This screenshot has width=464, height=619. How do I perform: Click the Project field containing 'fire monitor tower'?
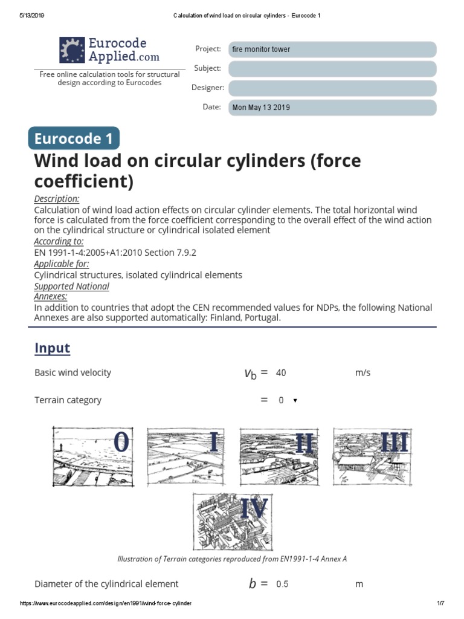(x=332, y=50)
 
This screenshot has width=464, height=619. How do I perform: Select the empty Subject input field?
(x=332, y=69)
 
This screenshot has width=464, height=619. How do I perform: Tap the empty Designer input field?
(x=332, y=88)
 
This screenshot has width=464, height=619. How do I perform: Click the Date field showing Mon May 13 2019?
(x=332, y=108)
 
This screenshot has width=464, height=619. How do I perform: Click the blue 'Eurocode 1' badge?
(x=74, y=139)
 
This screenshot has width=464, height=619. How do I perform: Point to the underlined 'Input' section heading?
(x=52, y=348)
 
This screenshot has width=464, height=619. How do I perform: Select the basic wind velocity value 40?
(x=281, y=373)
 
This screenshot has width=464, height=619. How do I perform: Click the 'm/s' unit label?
(x=363, y=373)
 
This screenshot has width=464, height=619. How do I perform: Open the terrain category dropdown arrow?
(x=295, y=401)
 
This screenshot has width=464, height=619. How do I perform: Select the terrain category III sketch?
(x=370, y=456)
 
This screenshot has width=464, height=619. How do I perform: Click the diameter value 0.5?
(x=282, y=585)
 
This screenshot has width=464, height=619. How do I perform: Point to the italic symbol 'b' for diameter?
(x=253, y=584)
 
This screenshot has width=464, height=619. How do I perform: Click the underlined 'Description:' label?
(x=57, y=199)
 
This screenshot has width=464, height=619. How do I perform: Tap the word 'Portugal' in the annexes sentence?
(x=263, y=318)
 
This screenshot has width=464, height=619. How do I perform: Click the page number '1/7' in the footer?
(x=440, y=604)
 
